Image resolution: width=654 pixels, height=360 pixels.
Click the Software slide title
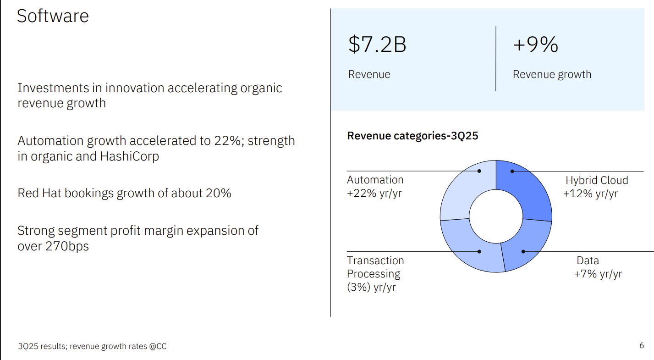53,16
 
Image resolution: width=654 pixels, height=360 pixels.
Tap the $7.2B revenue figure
377,44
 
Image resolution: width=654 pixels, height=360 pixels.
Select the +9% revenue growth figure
535,44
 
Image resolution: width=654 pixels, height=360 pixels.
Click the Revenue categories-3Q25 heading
412,136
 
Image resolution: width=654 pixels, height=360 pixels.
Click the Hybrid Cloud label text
597,180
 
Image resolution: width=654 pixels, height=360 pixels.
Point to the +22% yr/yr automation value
374,193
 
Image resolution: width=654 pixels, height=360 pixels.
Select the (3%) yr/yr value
371,288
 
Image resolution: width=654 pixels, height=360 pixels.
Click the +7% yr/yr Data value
598,274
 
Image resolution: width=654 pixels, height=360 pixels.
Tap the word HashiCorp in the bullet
130,156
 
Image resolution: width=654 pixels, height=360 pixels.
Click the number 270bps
67,246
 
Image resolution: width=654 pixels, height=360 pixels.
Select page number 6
642,345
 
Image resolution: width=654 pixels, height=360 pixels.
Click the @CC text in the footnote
158,346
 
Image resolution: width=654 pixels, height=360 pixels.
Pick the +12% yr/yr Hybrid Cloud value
590,194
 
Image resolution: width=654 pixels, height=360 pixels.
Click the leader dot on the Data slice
523,251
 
